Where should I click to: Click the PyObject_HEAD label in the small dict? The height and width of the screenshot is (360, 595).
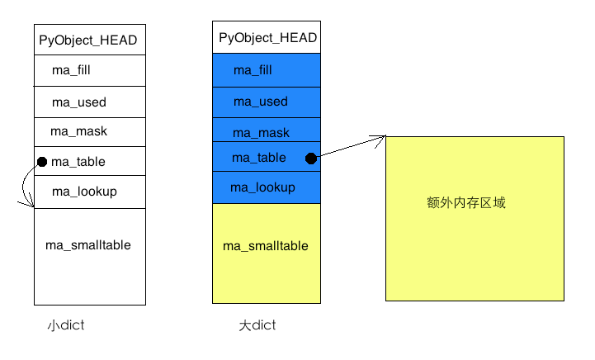tap(88, 40)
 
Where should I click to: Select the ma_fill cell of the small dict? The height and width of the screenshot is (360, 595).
tap(90, 71)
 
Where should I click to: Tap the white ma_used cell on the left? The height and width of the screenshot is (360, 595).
tap(90, 102)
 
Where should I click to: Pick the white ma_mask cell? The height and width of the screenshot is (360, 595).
tap(90, 132)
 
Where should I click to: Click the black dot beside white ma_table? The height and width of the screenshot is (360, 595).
tap(42, 162)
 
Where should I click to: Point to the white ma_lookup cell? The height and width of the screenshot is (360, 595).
tap(90, 192)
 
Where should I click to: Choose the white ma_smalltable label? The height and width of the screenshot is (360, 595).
tap(88, 245)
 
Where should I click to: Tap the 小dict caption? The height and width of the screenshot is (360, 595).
tap(66, 325)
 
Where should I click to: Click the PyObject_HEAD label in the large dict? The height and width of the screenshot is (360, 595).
tap(268, 38)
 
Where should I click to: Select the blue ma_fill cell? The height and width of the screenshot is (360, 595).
tap(267, 70)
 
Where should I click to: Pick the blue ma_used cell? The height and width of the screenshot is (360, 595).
tap(267, 102)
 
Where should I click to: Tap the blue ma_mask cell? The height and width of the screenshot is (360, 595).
tap(267, 130)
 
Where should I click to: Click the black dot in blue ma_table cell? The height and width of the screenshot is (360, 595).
tap(311, 159)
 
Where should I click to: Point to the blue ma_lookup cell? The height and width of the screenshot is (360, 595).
tap(267, 187)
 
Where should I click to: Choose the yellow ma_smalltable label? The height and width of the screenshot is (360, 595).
tap(266, 246)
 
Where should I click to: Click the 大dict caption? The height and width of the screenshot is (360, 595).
tap(257, 325)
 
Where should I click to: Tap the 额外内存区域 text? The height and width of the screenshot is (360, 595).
tap(466, 203)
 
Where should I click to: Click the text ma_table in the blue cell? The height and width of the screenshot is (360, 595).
tap(259, 158)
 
